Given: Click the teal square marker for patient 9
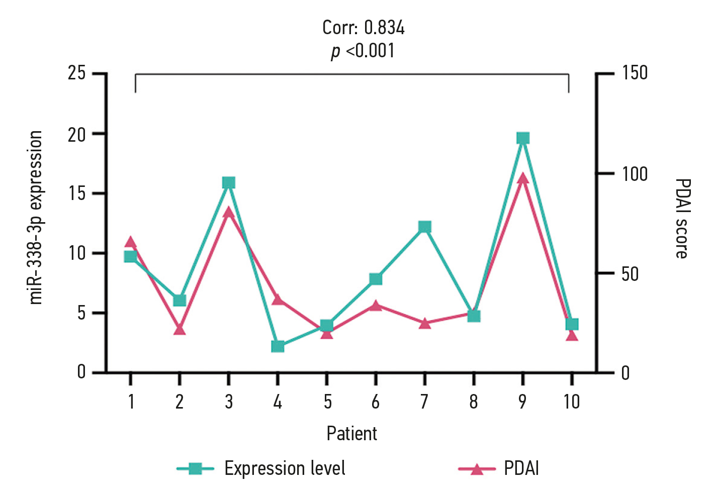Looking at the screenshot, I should click(x=523, y=138).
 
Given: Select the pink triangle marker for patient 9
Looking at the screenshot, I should click(x=523, y=178).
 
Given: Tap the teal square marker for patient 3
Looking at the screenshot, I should click(x=229, y=182).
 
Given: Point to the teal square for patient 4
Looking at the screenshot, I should click(x=278, y=346).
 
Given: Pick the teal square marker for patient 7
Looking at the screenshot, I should click(x=425, y=227).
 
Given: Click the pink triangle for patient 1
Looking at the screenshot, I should click(x=131, y=242).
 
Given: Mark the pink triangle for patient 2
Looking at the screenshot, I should click(x=180, y=330).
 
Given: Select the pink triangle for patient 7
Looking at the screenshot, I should click(x=425, y=324).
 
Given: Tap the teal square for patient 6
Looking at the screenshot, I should click(x=376, y=279).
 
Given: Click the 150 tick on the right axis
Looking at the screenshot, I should click(x=635, y=73).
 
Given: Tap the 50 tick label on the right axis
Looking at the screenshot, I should click(x=630, y=274).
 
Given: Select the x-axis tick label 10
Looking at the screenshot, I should click(x=572, y=402).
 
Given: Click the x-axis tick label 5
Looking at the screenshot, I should click(x=327, y=402).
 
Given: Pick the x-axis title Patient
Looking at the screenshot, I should click(x=351, y=433).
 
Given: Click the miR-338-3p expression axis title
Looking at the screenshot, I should click(x=36, y=217).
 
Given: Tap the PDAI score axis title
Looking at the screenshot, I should click(x=682, y=218).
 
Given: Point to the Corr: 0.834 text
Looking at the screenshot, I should click(x=363, y=28).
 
